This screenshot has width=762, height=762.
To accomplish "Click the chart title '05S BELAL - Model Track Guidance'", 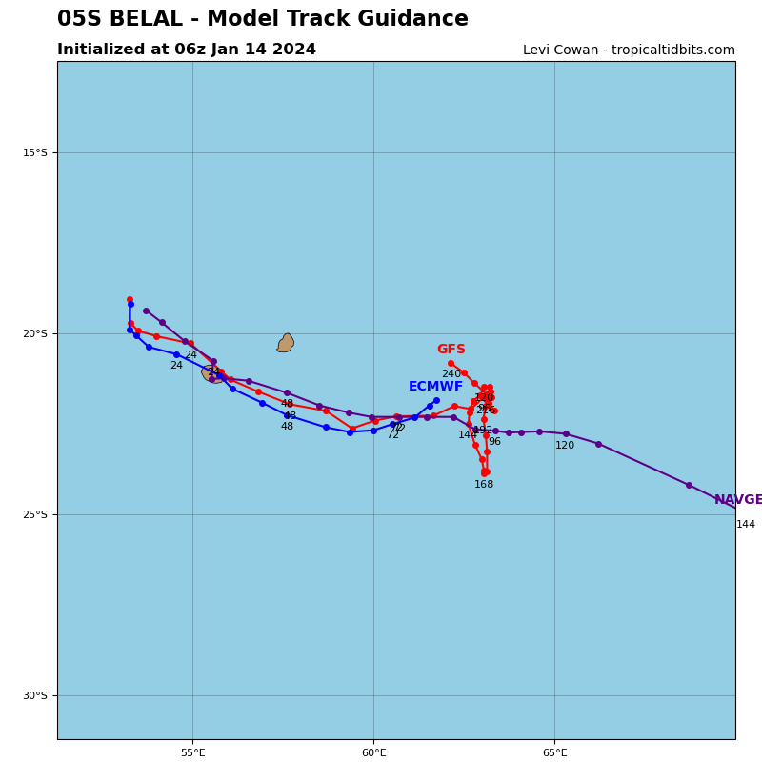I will pyautogui.click(x=262, y=19).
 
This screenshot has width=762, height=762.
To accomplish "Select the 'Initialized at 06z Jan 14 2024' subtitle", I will pyautogui.click(x=187, y=50).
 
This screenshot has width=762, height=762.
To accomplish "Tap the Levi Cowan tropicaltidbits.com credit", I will pyautogui.click(x=629, y=50).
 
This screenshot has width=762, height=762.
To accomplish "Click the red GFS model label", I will pyautogui.click(x=451, y=350).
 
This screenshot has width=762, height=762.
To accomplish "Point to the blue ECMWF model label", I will pyautogui.click(x=435, y=387).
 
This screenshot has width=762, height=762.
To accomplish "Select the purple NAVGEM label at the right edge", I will pyautogui.click(x=738, y=500).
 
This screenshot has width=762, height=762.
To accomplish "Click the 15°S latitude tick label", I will pyautogui.click(x=35, y=152).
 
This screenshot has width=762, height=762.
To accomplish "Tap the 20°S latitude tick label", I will pyautogui.click(x=35, y=333).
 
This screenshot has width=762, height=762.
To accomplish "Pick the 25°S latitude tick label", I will pyautogui.click(x=35, y=514).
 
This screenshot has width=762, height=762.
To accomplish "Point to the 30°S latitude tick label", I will pyautogui.click(x=35, y=695).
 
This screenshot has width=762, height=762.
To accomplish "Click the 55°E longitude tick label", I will pyautogui.click(x=192, y=753).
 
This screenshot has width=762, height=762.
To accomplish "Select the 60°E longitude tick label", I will pyautogui.click(x=373, y=753).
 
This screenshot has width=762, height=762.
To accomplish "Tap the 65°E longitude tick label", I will pyautogui.click(x=554, y=753).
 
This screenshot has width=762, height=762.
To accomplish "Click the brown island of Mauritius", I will pyautogui.click(x=286, y=343).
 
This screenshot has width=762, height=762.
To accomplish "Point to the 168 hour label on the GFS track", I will pyautogui.click(x=484, y=485).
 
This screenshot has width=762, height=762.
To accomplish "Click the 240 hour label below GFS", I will pyautogui.click(x=451, y=374).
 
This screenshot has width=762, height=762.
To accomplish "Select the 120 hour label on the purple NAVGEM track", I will pyautogui.click(x=565, y=446).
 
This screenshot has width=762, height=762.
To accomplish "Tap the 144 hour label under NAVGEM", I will pyautogui.click(x=745, y=525).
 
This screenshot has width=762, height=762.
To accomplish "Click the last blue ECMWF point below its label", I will pyautogui.click(x=436, y=400).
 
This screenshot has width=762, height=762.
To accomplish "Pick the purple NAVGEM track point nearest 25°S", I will pyautogui.click(x=689, y=485).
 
